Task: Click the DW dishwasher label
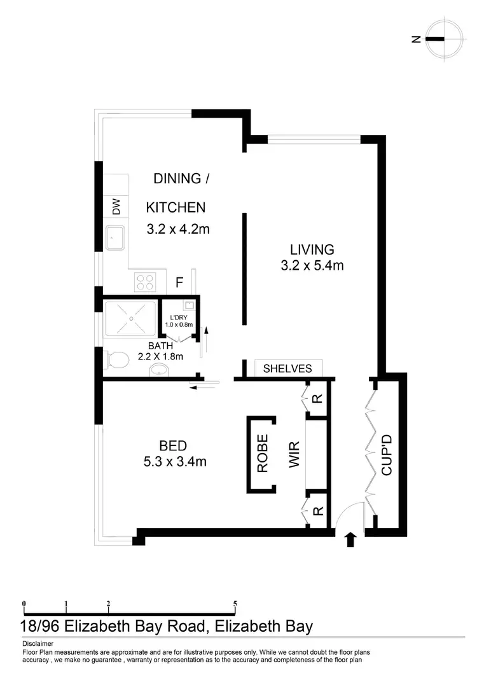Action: click(x=116, y=207)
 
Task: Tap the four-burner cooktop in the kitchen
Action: click(x=144, y=280)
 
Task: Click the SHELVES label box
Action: click(x=287, y=368)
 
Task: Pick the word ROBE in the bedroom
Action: click(x=262, y=453)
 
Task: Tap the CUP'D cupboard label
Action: click(x=386, y=454)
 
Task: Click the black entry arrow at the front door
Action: click(x=349, y=540)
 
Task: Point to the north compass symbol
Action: click(x=439, y=39)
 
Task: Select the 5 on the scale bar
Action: click(x=235, y=604)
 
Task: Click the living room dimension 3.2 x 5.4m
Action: click(x=312, y=265)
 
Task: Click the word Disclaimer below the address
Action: click(x=38, y=643)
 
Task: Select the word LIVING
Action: click(x=312, y=249)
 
